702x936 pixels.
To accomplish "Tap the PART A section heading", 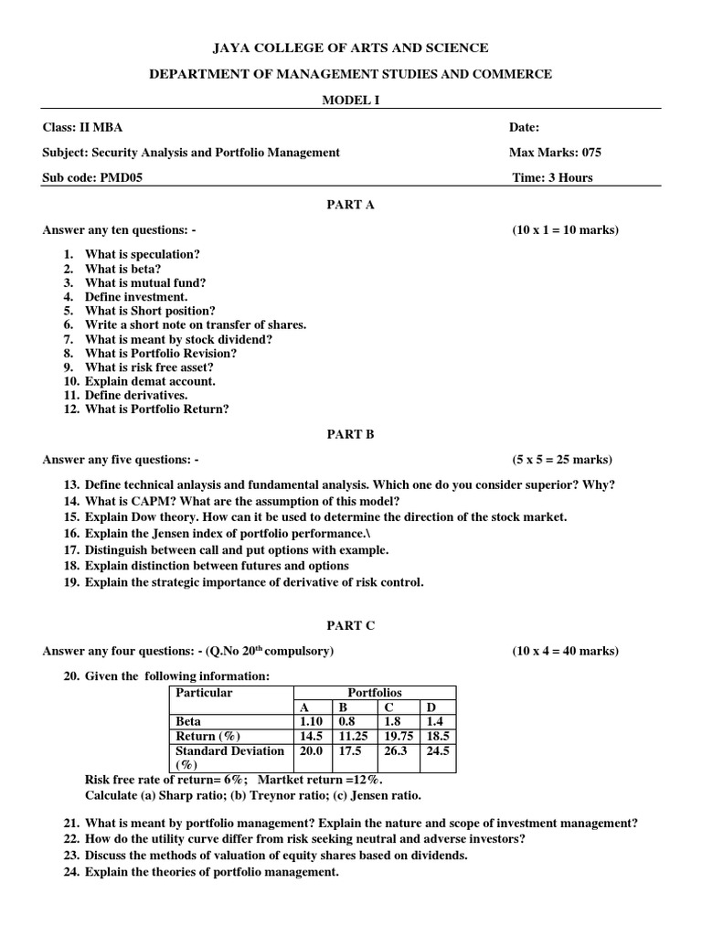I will click(x=351, y=205).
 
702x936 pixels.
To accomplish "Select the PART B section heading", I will click(x=351, y=434).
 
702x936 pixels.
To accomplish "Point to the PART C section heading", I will click(x=351, y=626).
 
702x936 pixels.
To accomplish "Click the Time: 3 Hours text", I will click(x=552, y=177).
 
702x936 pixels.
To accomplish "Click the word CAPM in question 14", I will click(x=142, y=501).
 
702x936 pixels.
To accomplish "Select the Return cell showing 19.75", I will click(x=397, y=737).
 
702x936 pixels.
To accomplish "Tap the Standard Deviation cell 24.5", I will click(x=437, y=751).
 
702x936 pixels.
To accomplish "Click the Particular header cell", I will click(x=204, y=693).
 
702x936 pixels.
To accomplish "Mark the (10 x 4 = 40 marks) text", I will click(x=565, y=651).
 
